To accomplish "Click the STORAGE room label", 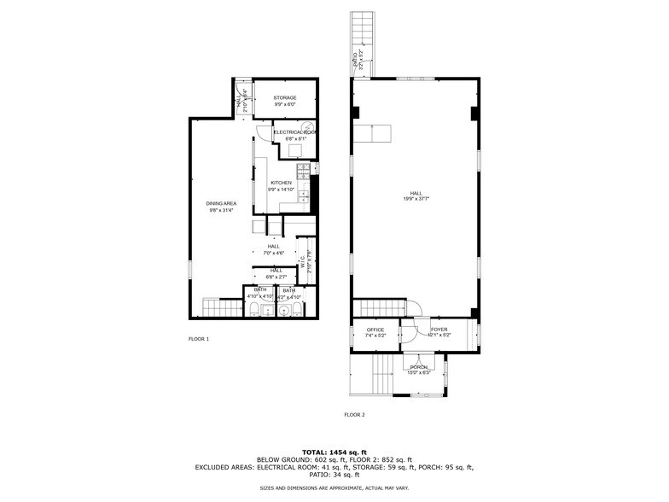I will pos(285,98).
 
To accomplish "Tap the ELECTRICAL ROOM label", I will pos(295,132).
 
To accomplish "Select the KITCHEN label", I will pos(281,184).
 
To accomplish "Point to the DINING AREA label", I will pos(221,203).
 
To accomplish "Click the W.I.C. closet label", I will pos(302,265).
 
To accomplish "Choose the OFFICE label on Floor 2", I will pos(375,330).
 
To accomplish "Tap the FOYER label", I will pos(439,330).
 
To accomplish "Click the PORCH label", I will pos(418,367).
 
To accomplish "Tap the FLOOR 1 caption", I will pos(198,339).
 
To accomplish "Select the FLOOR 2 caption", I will pos(354,415).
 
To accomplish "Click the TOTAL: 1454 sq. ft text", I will pos(334,452).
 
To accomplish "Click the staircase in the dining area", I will pos(221,308).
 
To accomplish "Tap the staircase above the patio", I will pos(363,32).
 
